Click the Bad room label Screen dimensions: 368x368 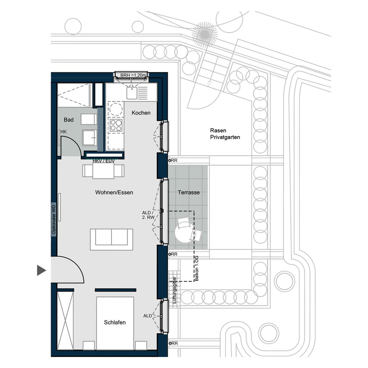pyautogui.click(x=69, y=120)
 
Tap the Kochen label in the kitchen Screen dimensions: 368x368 pyautogui.click(x=141, y=113)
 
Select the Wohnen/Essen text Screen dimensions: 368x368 pyautogui.click(x=114, y=192)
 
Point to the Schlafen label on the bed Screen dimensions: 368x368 pyautogui.click(x=115, y=322)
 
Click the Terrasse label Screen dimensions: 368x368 pyautogui.click(x=189, y=192)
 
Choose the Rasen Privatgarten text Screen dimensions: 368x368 pyautogui.click(x=225, y=134)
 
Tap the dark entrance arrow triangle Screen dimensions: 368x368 pyautogui.click(x=41, y=270)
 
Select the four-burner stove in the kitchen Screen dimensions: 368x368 pyautogui.click(x=115, y=125)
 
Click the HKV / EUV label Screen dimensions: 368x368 pyautogui.click(x=103, y=161)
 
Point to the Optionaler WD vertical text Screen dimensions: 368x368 pyautogui.click(x=54, y=219)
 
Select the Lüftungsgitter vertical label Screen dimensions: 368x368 pyautogui.click(x=174, y=290)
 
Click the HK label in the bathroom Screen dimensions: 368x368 pyautogui.click(x=63, y=132)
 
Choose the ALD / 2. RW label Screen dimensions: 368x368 pyautogui.click(x=148, y=215)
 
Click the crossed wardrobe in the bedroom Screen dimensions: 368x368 pyautogui.click(x=65, y=320)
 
